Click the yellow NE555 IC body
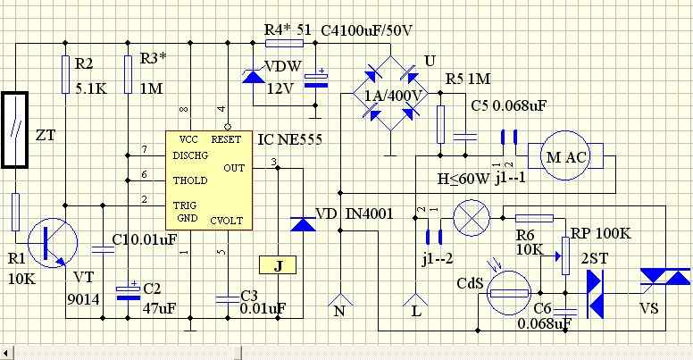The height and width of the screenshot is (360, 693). [209, 180]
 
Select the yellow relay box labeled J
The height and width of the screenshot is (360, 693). [278, 265]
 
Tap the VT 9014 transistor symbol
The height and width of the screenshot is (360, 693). [52, 243]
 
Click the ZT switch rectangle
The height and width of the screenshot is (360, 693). [15, 130]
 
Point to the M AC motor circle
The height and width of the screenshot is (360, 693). [565, 155]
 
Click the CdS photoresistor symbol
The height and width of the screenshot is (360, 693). [510, 293]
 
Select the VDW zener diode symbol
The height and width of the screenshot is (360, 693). [254, 76]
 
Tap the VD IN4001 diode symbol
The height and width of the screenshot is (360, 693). [304, 224]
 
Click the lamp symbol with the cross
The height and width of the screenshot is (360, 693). [472, 218]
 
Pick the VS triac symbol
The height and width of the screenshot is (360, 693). [665, 277]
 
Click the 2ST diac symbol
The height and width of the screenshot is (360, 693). [595, 294]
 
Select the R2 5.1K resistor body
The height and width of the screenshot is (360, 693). [65, 74]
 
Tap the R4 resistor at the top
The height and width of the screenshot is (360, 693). [284, 44]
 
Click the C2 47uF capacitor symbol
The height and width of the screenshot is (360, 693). [128, 293]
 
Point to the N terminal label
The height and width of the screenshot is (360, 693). [339, 311]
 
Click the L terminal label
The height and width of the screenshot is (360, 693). [416, 311]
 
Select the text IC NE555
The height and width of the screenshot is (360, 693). [290, 139]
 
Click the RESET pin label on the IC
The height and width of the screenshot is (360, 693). [226, 139]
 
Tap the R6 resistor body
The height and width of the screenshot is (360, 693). [534, 218]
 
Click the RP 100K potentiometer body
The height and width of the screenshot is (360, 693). [565, 255]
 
